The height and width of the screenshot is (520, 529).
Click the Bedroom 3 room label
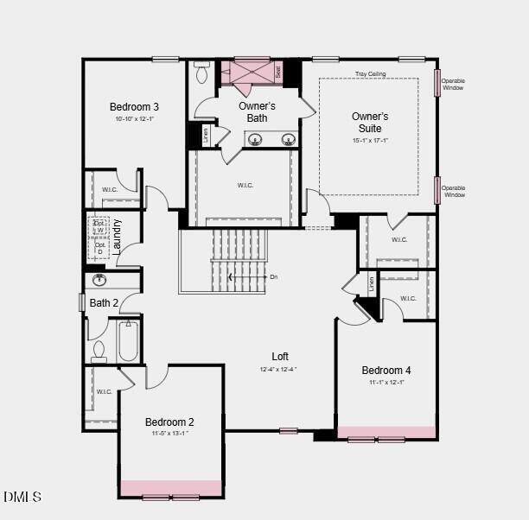click(x=134, y=107)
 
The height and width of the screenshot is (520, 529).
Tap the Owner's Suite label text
click(x=370, y=122)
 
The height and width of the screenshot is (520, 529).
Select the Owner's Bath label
click(x=257, y=111)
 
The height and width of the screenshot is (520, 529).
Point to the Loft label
click(x=280, y=356)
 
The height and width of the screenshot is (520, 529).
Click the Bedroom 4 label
click(x=386, y=371)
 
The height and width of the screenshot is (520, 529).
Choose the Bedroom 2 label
click(x=169, y=422)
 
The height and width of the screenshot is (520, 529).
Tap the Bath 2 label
click(x=103, y=303)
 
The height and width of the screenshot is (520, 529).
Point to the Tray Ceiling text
click(x=370, y=74)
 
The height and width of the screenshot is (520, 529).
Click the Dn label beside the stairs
click(x=274, y=277)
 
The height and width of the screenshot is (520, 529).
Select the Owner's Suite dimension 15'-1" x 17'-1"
click(x=370, y=141)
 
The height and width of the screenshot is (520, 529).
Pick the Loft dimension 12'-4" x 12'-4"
click(x=278, y=370)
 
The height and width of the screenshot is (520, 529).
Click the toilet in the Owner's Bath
click(x=203, y=73)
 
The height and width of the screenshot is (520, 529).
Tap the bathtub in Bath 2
click(x=128, y=341)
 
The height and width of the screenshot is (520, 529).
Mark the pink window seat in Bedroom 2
click(x=170, y=488)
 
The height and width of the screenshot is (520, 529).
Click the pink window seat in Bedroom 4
click(x=386, y=431)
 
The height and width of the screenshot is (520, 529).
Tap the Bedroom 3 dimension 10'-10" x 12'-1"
click(x=134, y=119)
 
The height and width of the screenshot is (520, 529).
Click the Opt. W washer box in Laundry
click(x=99, y=226)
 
